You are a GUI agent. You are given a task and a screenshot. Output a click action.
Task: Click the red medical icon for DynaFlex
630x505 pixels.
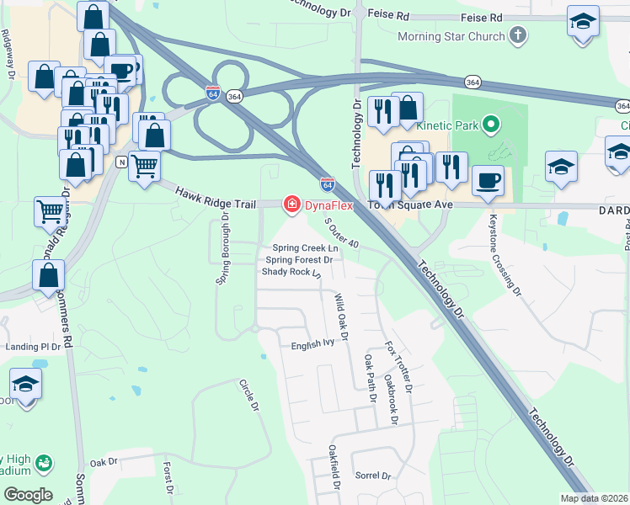(x=292, y=205)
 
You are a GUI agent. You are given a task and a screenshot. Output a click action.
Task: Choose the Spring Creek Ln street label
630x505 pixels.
(x=304, y=248)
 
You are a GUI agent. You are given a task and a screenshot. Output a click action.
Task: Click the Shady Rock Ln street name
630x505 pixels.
(x=291, y=273)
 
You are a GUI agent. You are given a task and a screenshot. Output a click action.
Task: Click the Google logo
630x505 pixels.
(x=28, y=494)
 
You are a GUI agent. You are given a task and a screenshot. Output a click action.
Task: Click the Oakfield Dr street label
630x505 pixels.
(x=334, y=468)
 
